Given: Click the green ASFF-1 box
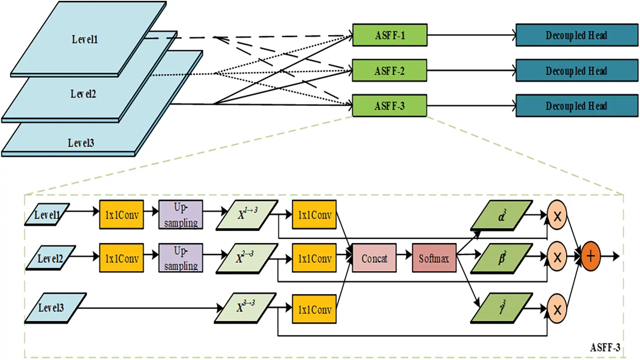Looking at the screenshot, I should tap(390, 35).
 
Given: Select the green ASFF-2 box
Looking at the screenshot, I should tap(390, 71).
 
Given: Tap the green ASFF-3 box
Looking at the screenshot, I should tap(390, 106).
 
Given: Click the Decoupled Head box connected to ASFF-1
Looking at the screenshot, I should tap(576, 35).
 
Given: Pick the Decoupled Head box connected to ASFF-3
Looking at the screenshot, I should tap(576, 106).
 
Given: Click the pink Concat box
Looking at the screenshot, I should tap(374, 258).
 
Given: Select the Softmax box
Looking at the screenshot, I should tap(434, 258).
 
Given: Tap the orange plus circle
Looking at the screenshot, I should tap(590, 256).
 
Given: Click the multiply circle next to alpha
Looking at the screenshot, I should tap(557, 216).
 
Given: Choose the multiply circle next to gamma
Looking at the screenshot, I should tap(557, 309).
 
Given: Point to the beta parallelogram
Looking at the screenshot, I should tap(501, 258).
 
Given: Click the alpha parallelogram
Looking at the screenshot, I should tap(501, 215).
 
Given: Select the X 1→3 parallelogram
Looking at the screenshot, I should tap(247, 215).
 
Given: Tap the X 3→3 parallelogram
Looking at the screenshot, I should tap(246, 308).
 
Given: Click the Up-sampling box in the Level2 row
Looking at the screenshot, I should tap(181, 258).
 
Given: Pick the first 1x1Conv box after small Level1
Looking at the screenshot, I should tap(122, 215).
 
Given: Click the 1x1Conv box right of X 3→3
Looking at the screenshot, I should tap(314, 309).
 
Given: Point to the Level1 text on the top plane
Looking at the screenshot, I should tap(85, 40).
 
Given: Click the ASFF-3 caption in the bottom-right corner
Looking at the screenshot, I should tap(605, 347).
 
